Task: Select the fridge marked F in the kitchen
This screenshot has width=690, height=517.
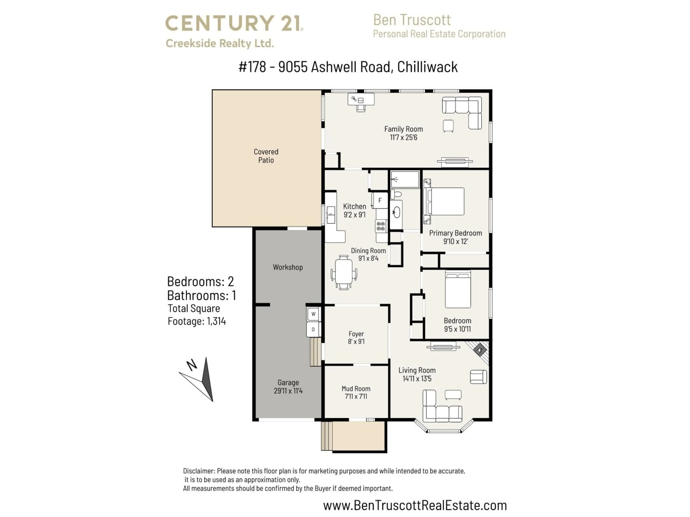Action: tap(380, 200)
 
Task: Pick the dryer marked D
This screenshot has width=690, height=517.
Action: tap(313, 329)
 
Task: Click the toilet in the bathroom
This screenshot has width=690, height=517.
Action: tap(396, 194)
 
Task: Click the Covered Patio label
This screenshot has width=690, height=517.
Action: tap(266, 156)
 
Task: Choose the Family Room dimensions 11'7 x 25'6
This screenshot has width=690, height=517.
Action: tap(403, 138)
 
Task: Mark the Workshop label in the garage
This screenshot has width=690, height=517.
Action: tap(288, 267)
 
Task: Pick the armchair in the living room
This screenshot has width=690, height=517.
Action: tap(478, 377)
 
